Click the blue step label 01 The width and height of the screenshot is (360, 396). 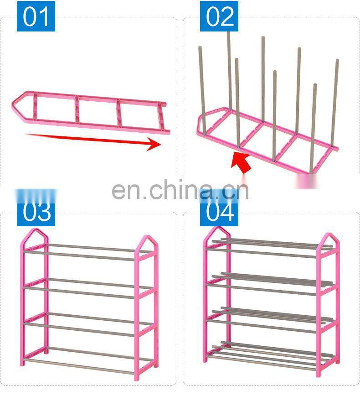36,16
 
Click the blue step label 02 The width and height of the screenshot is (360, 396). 219,16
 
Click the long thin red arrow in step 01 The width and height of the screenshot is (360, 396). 93,140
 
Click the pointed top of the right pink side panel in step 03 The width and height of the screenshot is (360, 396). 148,236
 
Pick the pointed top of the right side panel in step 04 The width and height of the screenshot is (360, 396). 329,234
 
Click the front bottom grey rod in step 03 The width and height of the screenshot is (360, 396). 79,366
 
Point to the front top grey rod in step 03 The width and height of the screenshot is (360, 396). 79,255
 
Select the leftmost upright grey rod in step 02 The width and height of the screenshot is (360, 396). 202,89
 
